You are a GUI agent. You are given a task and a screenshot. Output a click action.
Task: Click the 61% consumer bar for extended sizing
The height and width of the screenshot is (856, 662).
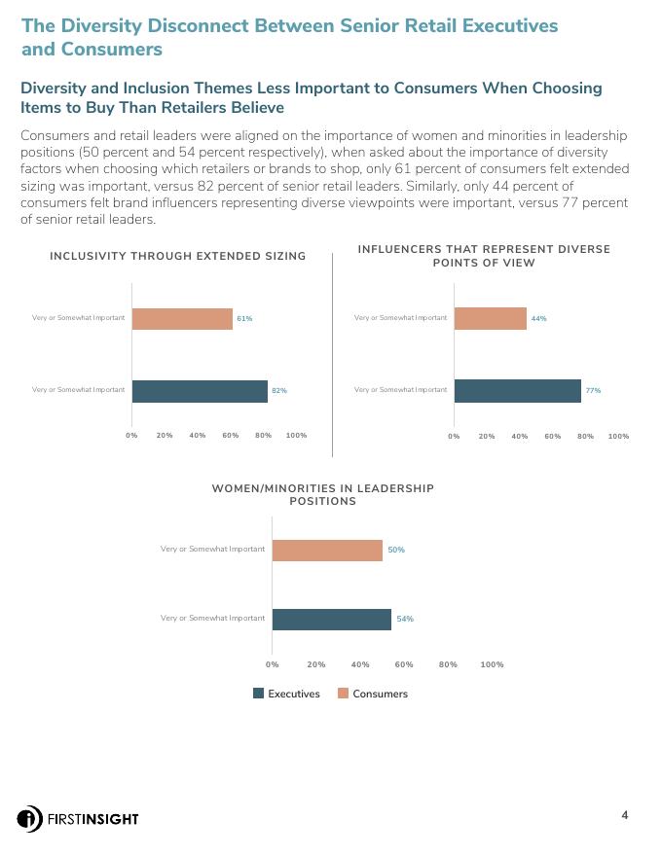182,319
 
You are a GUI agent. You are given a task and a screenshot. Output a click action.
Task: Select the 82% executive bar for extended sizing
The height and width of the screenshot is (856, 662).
200,391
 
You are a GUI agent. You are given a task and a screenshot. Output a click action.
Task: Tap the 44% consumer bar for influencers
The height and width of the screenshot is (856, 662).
490,319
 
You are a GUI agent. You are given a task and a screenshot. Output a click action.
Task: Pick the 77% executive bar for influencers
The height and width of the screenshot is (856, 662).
517,391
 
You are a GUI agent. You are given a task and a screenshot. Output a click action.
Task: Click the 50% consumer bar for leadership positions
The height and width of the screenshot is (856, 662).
327,551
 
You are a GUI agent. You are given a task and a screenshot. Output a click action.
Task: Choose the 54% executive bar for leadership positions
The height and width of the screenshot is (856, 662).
331,620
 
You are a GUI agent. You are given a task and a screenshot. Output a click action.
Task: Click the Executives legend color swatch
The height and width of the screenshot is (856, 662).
259,694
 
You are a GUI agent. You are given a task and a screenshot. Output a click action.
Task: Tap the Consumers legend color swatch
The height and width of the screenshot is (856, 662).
344,694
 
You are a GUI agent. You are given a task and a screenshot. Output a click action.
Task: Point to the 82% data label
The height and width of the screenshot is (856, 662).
279,391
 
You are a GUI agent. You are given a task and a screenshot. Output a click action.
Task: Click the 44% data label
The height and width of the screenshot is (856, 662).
538,319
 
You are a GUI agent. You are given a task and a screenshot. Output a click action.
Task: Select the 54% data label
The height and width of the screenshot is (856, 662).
405,620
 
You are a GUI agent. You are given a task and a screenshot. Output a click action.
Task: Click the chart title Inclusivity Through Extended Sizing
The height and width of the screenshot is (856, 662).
178,256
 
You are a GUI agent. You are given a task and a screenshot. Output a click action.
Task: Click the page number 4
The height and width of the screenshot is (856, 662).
625,815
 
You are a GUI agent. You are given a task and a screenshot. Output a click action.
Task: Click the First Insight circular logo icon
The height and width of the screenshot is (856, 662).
29,818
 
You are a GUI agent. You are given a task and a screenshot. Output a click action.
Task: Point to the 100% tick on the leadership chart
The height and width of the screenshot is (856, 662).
492,665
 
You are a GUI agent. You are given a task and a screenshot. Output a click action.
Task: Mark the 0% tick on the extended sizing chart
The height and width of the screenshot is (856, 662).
131,436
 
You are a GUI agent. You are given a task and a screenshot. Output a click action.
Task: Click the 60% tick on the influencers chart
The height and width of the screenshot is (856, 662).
553,437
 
